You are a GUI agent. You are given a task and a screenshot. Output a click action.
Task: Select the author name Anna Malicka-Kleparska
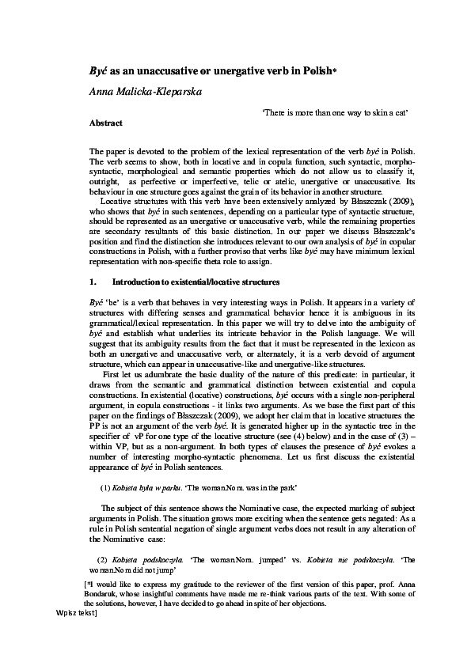point(145,92)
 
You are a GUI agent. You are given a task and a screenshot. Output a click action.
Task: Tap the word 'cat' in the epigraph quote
point(401,113)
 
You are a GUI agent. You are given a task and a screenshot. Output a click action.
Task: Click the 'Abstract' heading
point(105,123)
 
